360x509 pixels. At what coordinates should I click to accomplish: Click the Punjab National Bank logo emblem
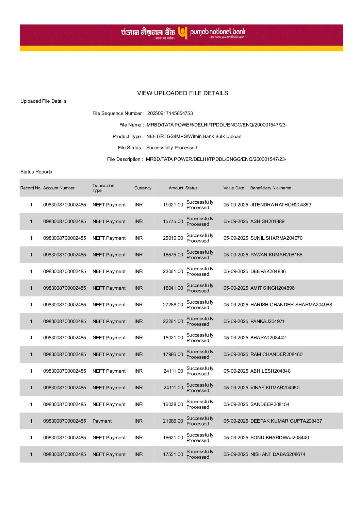coord(183,33)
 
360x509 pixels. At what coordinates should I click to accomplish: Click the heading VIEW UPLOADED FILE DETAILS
coord(182,93)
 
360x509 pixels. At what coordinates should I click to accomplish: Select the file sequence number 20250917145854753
coord(170,113)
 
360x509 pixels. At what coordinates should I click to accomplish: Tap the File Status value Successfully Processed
coord(171,148)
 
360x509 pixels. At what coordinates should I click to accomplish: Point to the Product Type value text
coord(194,136)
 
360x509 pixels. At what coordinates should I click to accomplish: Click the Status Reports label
coord(36,172)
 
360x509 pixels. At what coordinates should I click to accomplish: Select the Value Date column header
coord(234,188)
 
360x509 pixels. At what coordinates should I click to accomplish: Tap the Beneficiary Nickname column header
coord(271,188)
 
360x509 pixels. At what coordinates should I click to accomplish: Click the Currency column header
coord(143,188)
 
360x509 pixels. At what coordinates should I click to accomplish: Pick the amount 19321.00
coord(173,205)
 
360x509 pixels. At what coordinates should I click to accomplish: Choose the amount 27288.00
coord(173,305)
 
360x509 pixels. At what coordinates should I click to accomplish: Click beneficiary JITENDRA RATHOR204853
coord(281,205)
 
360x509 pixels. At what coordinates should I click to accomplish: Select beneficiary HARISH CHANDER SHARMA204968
coord(291,305)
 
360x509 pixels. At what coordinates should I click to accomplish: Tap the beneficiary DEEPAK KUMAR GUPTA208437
coord(286,421)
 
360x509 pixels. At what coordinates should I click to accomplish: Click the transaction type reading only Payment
coord(102,421)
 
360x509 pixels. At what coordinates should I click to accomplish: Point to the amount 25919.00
coord(173,238)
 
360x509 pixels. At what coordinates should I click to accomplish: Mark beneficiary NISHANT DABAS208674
coord(278,454)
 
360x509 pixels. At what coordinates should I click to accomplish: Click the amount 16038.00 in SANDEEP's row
coord(173,404)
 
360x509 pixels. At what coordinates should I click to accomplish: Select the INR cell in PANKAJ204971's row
coord(138,321)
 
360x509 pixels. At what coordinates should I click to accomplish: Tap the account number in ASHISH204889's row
coord(64,221)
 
